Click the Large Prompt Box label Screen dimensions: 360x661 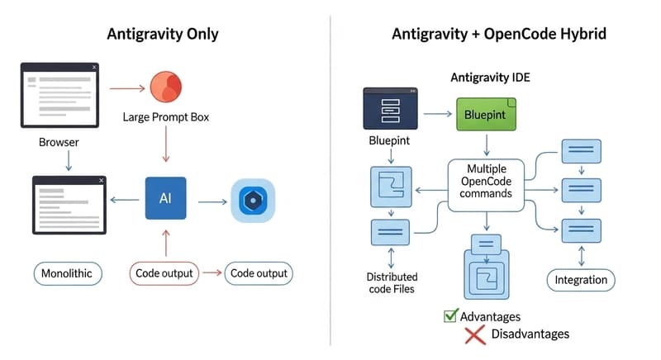[x=166, y=117]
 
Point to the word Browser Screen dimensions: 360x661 [x=59, y=142]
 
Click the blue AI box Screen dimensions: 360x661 [x=165, y=198]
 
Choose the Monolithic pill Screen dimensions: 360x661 [x=67, y=273]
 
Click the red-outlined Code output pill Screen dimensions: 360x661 [x=164, y=273]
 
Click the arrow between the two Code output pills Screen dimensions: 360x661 [x=212, y=273]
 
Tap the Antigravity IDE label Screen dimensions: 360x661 [x=490, y=78]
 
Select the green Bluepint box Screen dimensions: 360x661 [x=486, y=114]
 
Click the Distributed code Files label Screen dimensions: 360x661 [x=392, y=282]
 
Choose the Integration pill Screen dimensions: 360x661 [x=581, y=280]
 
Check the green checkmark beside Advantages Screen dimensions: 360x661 [x=450, y=315]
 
